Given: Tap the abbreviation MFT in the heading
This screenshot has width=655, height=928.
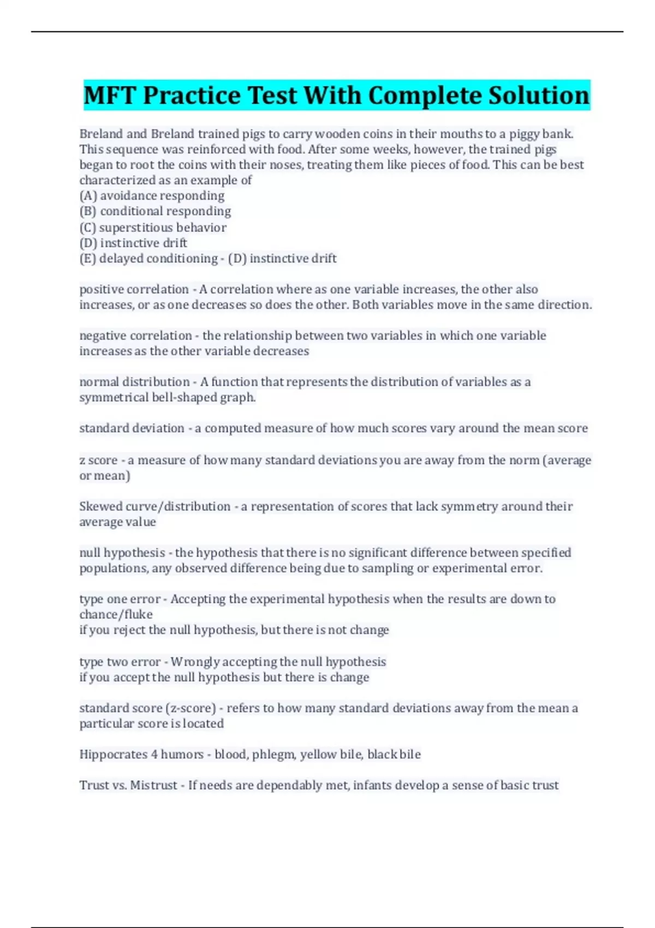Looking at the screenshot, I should tap(109, 96).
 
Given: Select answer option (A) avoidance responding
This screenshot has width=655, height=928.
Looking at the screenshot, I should tap(152, 195).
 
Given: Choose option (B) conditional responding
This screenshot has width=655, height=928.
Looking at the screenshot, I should tap(155, 211).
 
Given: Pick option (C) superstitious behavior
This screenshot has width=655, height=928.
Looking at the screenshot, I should tap(153, 227).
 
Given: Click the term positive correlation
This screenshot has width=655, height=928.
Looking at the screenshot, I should tap(134, 289).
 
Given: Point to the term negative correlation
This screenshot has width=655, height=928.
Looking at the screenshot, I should tap(135, 335).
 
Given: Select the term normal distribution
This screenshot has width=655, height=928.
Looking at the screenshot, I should tap(134, 382).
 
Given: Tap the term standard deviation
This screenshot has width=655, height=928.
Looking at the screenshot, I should tap(132, 428).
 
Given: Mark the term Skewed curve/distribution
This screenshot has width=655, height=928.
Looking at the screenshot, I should tap(154, 506).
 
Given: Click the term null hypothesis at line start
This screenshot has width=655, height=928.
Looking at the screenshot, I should tap(122, 552).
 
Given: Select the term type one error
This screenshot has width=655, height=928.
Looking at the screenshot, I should tap(120, 599).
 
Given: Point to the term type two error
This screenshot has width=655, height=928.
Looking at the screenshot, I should tap(120, 662).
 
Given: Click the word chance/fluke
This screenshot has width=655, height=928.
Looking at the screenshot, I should tap(116, 615).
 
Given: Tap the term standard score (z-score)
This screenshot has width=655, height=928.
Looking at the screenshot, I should tap(147, 708).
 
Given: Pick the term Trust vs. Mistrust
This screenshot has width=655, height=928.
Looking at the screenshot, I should tap(128, 785).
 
